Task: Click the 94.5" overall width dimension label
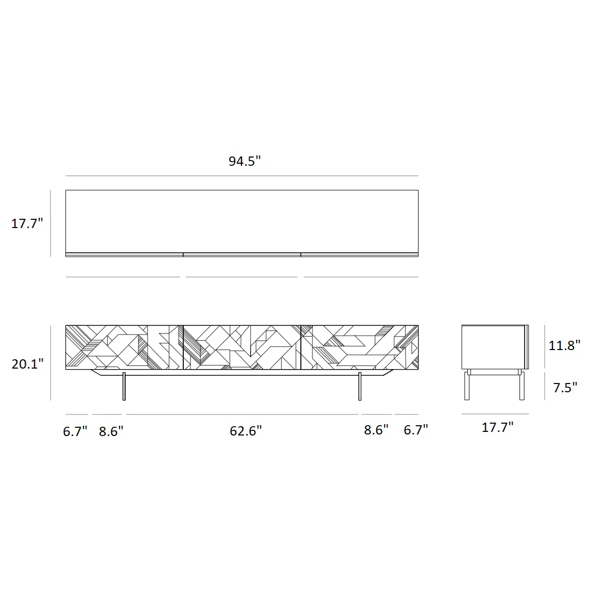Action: coord(245,161)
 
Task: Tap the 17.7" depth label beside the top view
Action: coord(27,223)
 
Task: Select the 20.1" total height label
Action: coord(28,364)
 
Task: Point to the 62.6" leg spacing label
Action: coord(246,431)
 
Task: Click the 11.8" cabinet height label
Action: coord(564,345)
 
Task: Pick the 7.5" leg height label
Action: coord(565,388)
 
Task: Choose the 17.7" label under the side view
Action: coord(498,427)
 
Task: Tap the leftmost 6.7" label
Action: coord(75,431)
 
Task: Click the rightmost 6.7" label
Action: coord(415,430)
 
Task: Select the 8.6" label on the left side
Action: coord(111,431)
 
